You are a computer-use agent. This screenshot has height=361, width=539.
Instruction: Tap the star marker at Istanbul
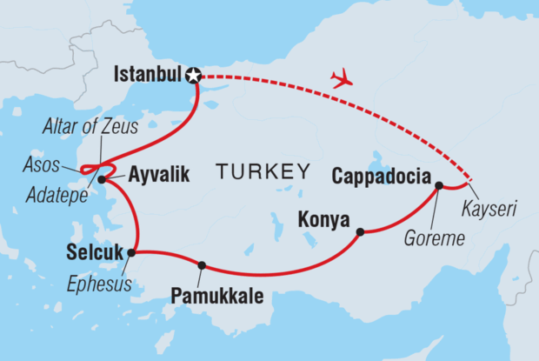(195, 76)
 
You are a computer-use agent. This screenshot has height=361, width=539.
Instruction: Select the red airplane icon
(342, 79)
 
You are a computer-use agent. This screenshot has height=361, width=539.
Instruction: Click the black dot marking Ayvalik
(103, 180)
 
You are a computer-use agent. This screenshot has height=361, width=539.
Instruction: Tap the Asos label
(40, 164)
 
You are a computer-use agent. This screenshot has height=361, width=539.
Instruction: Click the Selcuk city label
(94, 253)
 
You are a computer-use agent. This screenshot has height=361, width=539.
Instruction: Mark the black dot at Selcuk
(131, 253)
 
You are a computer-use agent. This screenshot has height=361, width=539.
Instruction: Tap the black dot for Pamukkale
(202, 265)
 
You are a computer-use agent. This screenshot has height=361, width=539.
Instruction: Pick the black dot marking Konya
(359, 231)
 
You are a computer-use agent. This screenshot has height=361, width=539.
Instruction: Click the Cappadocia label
(381, 177)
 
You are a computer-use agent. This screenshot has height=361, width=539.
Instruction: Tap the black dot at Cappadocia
(439, 185)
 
